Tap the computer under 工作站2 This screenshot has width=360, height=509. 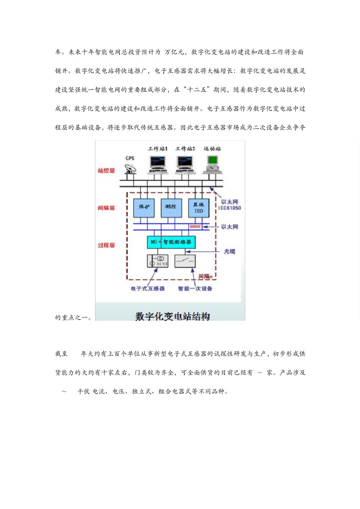point(185,165)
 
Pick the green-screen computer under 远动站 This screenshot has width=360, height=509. point(212,165)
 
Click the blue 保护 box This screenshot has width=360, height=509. point(144,207)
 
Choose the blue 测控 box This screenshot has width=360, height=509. point(171,207)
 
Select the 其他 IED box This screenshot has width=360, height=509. point(199,208)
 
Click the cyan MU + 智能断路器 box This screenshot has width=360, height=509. point(171,242)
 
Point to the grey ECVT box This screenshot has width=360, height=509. point(158,261)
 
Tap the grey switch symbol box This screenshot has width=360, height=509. point(185,261)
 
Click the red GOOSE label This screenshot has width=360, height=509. point(195,226)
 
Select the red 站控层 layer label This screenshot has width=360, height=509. point(106,171)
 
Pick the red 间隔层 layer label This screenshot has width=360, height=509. point(106,208)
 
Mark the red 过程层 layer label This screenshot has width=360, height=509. point(106,245)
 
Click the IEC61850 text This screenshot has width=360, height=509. point(230,208)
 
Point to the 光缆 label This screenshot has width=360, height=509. point(229,251)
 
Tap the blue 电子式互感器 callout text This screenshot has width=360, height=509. point(148,289)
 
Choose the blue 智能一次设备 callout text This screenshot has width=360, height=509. point(195,289)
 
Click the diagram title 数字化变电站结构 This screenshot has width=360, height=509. point(172,316)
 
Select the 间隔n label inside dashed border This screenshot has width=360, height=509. point(205,276)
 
